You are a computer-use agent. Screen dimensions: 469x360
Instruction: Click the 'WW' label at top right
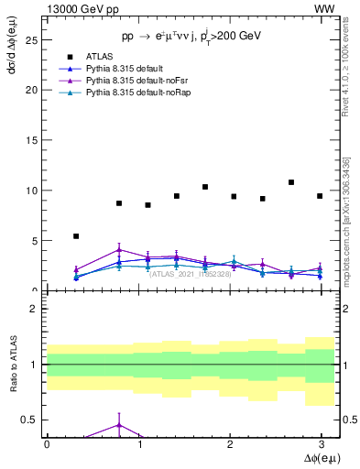coord(324,8)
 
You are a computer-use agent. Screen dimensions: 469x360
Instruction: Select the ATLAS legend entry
coord(101,56)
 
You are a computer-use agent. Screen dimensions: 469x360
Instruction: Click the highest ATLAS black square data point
coord(291,182)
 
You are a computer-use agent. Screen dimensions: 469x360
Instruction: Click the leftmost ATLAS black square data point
coord(76,236)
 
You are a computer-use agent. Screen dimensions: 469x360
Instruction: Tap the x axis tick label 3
coord(321,443)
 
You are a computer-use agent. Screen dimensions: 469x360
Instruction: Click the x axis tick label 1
coord(137,443)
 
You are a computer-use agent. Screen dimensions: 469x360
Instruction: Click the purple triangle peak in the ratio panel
coord(119,425)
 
